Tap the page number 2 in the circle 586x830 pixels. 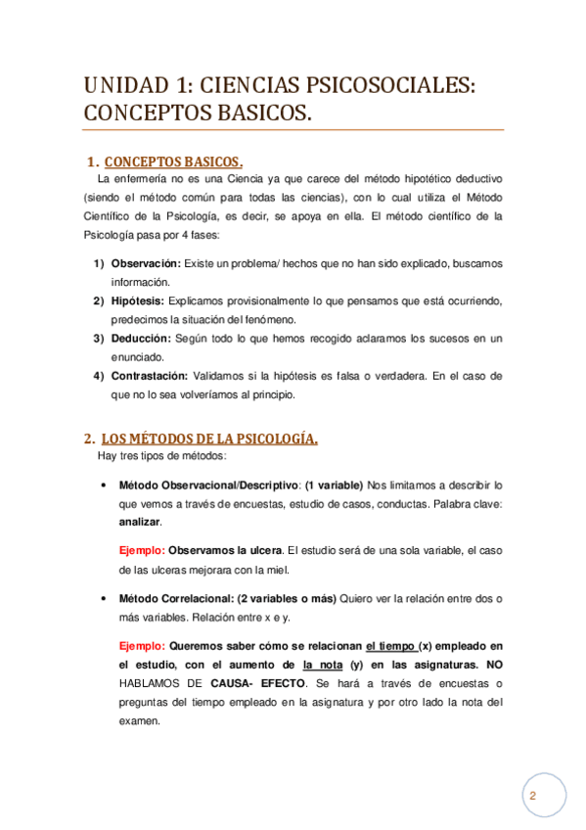click(x=533, y=796)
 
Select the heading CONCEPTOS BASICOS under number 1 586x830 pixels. click(x=173, y=161)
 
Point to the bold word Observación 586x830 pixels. click(x=147, y=264)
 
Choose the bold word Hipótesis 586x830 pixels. click(x=138, y=301)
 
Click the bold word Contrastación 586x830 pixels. click(x=150, y=376)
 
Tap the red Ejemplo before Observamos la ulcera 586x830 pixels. click(x=141, y=551)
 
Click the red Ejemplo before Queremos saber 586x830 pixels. click(x=141, y=646)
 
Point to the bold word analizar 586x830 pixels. click(x=139, y=523)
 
